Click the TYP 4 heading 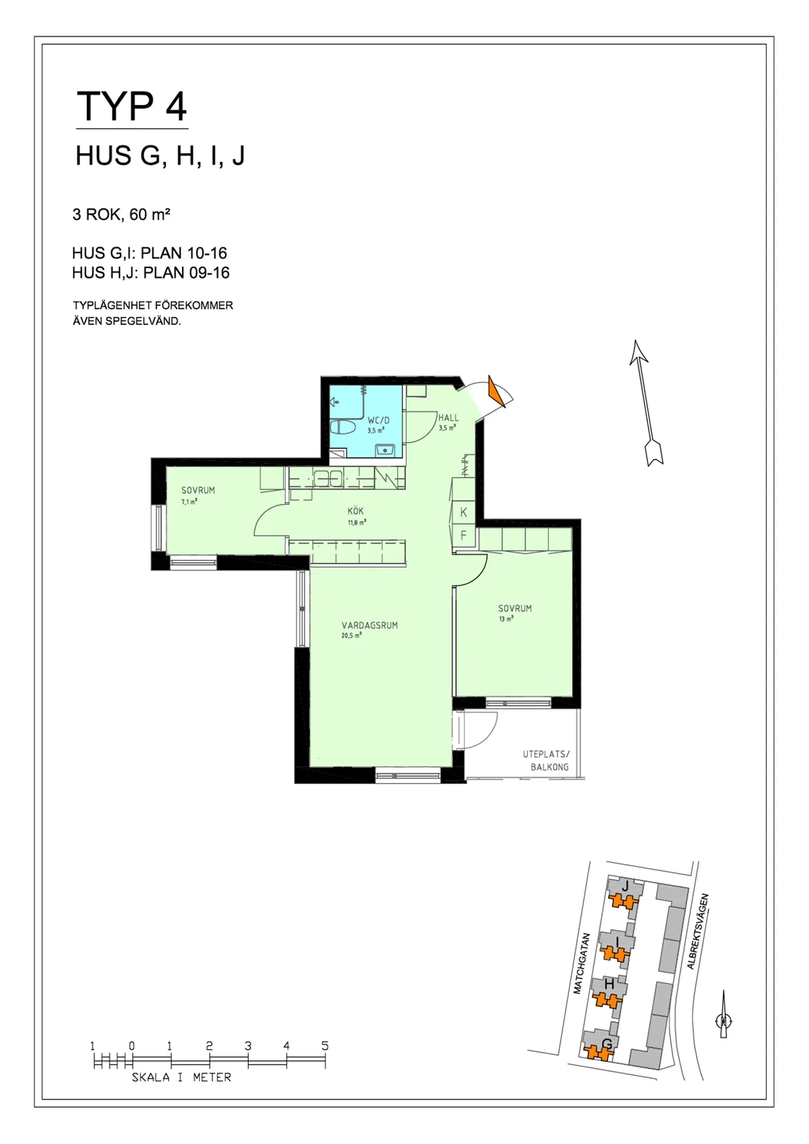(x=132, y=106)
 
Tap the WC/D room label (x=378, y=420)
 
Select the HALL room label (x=448, y=418)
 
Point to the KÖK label (x=356, y=511)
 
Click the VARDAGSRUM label (x=369, y=625)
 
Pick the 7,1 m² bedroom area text (x=189, y=502)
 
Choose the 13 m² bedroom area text (x=506, y=619)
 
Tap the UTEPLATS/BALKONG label (x=546, y=760)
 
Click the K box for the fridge (x=464, y=513)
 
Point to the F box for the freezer (x=464, y=537)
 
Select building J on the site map (x=625, y=886)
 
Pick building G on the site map (x=606, y=1045)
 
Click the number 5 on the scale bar (x=325, y=1046)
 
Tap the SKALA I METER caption (x=181, y=1077)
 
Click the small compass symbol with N (x=723, y=1021)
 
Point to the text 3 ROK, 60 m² (x=121, y=215)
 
